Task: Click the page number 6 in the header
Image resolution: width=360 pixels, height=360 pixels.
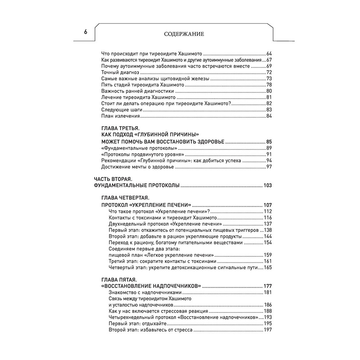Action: point(86,32)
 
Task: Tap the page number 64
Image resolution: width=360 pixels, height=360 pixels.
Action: point(269,53)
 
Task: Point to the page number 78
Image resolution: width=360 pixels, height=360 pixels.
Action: point(269,85)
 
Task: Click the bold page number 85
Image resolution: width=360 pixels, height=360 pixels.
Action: point(268,141)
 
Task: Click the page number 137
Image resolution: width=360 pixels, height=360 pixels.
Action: point(267,224)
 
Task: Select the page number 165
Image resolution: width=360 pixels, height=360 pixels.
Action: point(267,267)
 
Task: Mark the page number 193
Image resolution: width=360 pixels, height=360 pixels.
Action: point(267,318)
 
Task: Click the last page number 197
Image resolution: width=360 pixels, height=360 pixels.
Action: point(267,330)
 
